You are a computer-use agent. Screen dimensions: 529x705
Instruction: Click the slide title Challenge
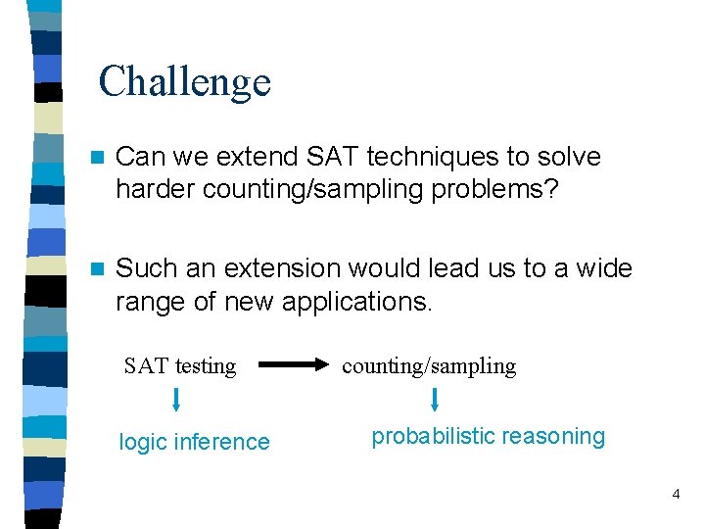point(184,81)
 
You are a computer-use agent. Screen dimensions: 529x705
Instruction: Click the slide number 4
point(676,495)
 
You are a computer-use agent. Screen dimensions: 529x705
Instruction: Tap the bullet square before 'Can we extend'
point(95,158)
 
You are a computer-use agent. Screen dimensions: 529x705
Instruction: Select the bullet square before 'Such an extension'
point(95,268)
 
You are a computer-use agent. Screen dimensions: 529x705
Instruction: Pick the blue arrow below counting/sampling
point(435,399)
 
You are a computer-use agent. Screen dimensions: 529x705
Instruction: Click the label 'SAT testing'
point(180,366)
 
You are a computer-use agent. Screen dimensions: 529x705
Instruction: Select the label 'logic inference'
point(194,442)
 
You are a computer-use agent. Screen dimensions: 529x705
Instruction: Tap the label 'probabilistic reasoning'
point(488,437)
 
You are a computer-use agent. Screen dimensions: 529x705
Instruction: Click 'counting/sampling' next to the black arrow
point(428,366)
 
